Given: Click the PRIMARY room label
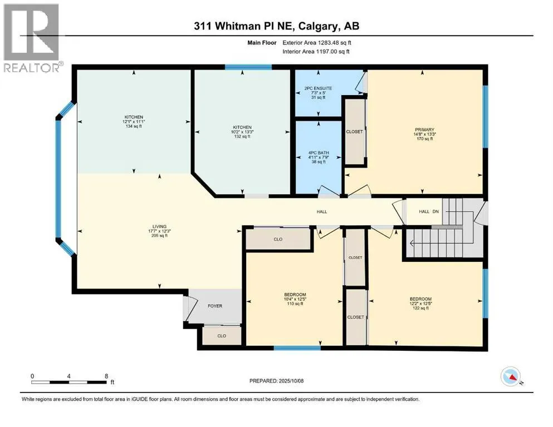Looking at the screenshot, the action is [x=424, y=130].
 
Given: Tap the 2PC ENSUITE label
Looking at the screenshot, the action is [x=318, y=88].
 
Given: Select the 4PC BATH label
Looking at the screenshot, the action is [x=319, y=153].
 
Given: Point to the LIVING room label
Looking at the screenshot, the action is [x=159, y=226].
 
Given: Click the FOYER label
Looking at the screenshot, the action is [x=215, y=306].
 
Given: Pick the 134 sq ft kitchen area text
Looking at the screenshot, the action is [x=134, y=126].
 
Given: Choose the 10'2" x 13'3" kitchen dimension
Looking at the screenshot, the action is [x=242, y=132].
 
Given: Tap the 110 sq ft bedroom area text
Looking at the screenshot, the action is [x=295, y=304].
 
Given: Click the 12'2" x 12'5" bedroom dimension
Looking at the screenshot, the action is [x=420, y=304].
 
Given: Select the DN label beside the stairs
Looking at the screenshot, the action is [x=435, y=212].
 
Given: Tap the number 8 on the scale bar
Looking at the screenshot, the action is [x=106, y=376].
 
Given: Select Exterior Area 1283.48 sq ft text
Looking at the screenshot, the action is [x=317, y=43].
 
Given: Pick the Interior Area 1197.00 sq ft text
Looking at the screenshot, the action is [x=316, y=51].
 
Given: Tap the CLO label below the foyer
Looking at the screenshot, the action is [x=222, y=336].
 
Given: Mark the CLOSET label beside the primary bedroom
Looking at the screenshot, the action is [x=354, y=132].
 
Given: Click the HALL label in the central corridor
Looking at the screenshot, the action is [x=322, y=212].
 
